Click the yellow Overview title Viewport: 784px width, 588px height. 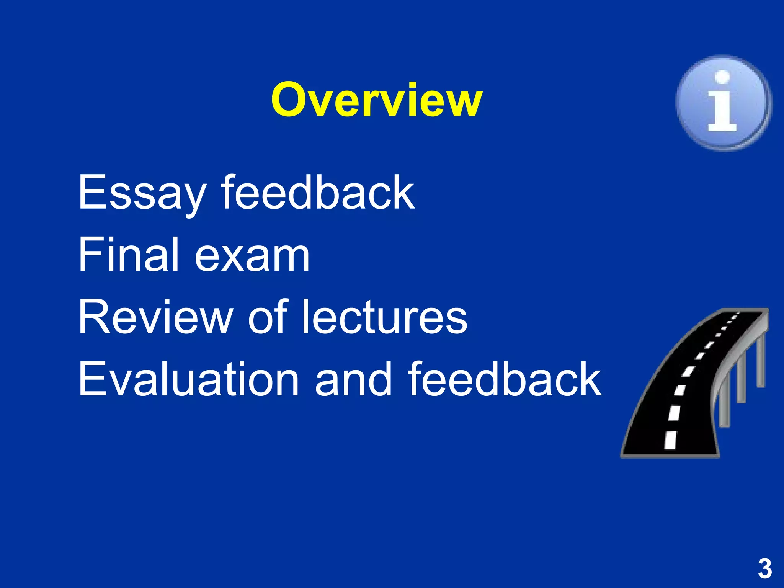[377, 100]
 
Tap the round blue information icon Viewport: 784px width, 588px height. [724, 103]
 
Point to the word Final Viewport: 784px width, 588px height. [129, 255]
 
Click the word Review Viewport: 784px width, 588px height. [155, 317]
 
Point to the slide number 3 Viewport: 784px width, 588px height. [764, 569]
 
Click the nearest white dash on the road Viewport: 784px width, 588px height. [670, 440]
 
